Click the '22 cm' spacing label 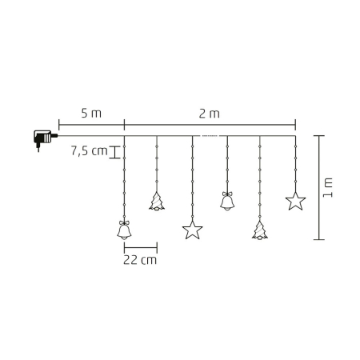click(x=140, y=260)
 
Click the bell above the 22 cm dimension click(x=124, y=231)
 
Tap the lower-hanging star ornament click(x=192, y=231)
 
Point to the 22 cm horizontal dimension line click(x=140, y=246)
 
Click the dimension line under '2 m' click(x=210, y=124)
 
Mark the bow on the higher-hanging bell click(x=227, y=194)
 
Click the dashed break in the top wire click(x=210, y=137)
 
